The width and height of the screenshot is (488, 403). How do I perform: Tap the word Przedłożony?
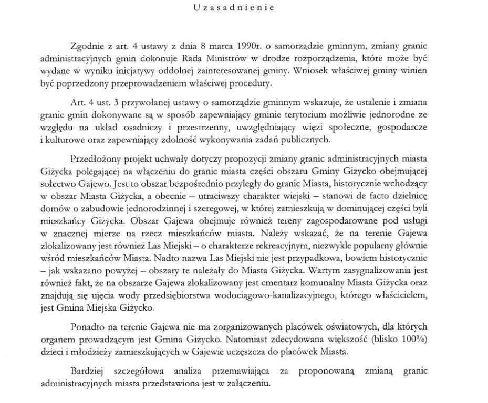pyautogui.click(x=94, y=158)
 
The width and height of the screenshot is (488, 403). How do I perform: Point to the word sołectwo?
pyautogui.click(x=57, y=184)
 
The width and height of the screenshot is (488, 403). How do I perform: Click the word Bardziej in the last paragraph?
pyautogui.click(x=87, y=371)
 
